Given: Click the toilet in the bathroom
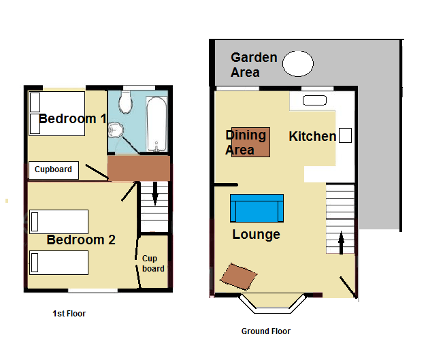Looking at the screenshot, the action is coord(126,102).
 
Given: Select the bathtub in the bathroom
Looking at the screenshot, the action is coord(157,124).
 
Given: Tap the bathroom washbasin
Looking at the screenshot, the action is coord(116,130).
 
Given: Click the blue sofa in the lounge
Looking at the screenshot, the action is coord(257,208).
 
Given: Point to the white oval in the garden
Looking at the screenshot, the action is coord(298,63).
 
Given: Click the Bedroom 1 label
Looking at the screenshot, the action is coord(72,118).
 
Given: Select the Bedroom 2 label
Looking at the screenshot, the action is coord(81,240).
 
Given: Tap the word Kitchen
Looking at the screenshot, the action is coord(312,136).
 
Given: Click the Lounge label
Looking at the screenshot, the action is coord(256,234).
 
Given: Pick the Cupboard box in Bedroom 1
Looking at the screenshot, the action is coord(54,170).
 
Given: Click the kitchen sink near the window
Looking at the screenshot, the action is coord(315,100).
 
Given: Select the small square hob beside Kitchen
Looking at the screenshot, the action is coord(345,135).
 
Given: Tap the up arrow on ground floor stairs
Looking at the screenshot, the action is coord(341,243).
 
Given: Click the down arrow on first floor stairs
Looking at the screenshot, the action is coord(155,193).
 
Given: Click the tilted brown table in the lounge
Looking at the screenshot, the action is coord(239,276).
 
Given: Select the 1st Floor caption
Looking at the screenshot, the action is coord(69,314).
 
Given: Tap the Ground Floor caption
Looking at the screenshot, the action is coord(266,331).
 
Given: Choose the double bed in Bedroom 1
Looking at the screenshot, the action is coord(56,114).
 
